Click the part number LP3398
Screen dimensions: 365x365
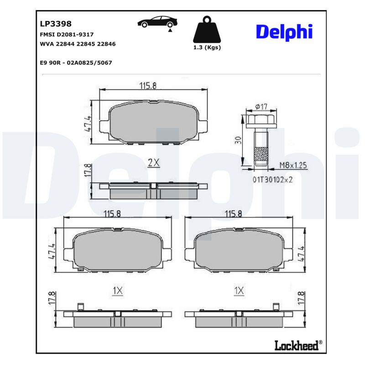pos(56,24)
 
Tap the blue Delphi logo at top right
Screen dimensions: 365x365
pos(284,31)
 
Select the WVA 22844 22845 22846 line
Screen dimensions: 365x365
pos(78,44)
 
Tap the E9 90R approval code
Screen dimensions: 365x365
pos(76,63)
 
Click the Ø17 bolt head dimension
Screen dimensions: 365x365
pos(261,106)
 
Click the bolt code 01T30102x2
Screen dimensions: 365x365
pos(272,179)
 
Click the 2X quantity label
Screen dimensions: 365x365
pos(154,162)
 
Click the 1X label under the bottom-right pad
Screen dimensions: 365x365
pos(239,290)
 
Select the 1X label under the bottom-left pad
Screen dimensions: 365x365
pos(118,290)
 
